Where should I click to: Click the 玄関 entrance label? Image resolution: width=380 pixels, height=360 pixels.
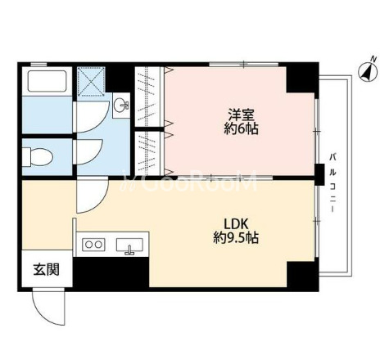(39, 268)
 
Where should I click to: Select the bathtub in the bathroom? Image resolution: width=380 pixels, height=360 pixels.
(46, 82)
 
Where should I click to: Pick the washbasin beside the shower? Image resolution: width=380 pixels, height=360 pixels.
(121, 104)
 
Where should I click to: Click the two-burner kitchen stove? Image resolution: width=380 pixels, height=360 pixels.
(93, 244)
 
